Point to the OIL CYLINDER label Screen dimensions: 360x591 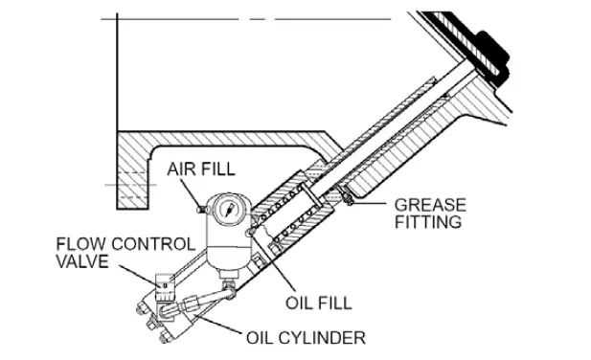[x=306, y=337]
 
